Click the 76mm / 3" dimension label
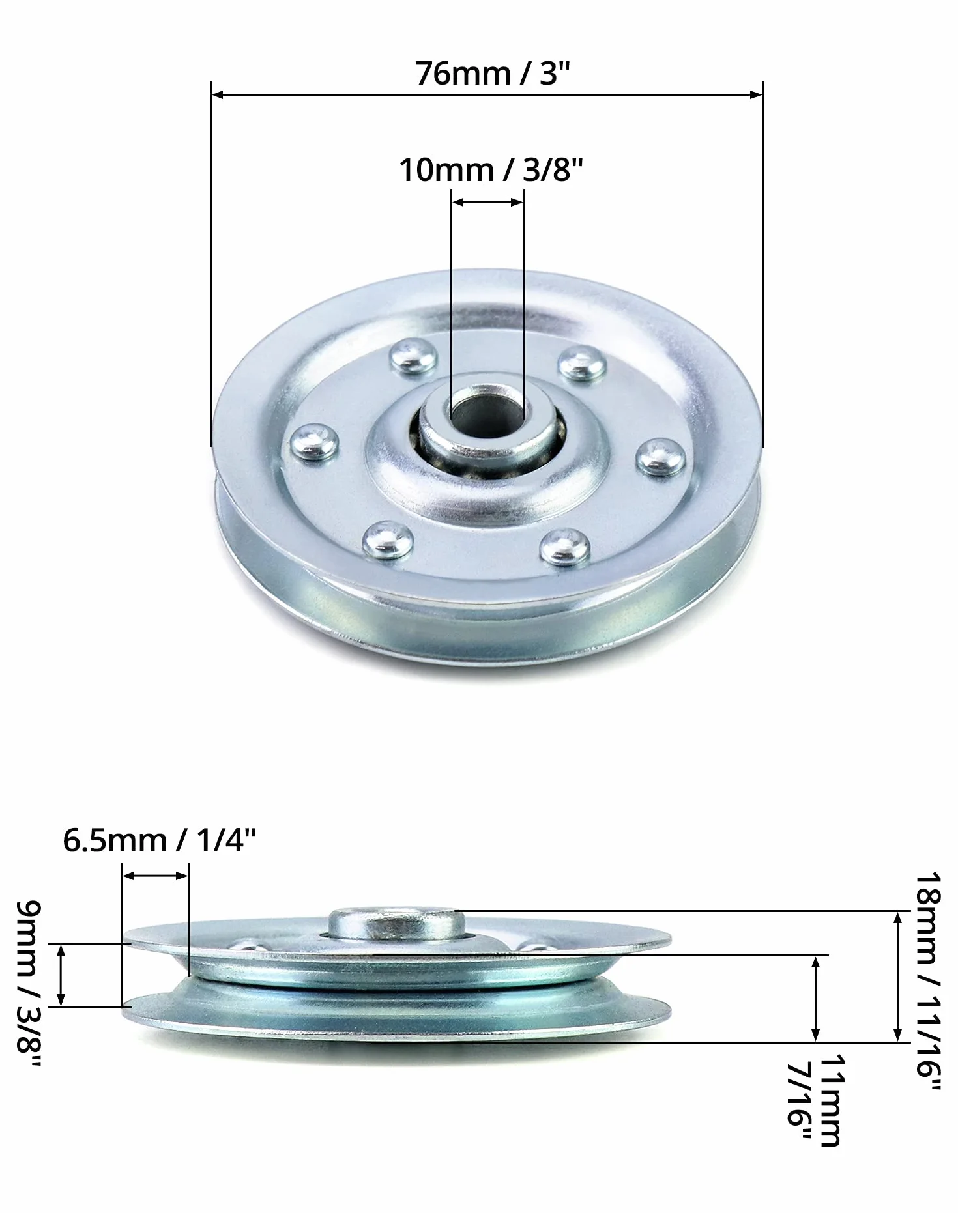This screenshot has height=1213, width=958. pyautogui.click(x=492, y=73)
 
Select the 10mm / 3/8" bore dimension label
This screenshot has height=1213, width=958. pyautogui.click(x=491, y=169)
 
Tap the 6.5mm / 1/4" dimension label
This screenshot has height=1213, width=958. pyautogui.click(x=160, y=840)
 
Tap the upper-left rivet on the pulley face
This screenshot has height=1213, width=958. pyautogui.click(x=413, y=357)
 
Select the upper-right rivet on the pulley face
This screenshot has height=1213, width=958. pyautogui.click(x=582, y=363)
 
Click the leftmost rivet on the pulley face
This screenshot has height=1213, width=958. pyautogui.click(x=314, y=443)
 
